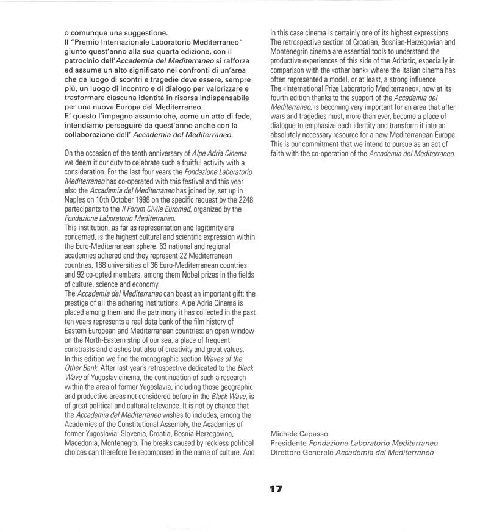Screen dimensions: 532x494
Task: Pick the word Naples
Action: (76, 199)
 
